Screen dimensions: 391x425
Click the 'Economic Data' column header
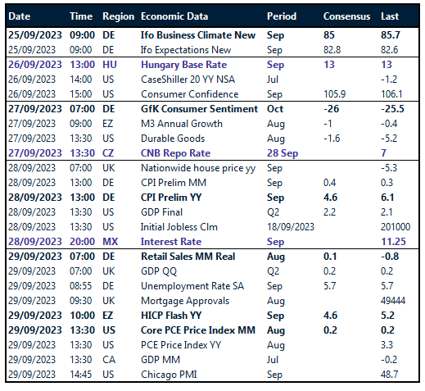(174, 16)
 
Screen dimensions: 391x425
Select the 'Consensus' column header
(346, 16)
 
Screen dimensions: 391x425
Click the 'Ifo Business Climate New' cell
(198, 35)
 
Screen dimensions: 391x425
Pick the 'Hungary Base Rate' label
(183, 65)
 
